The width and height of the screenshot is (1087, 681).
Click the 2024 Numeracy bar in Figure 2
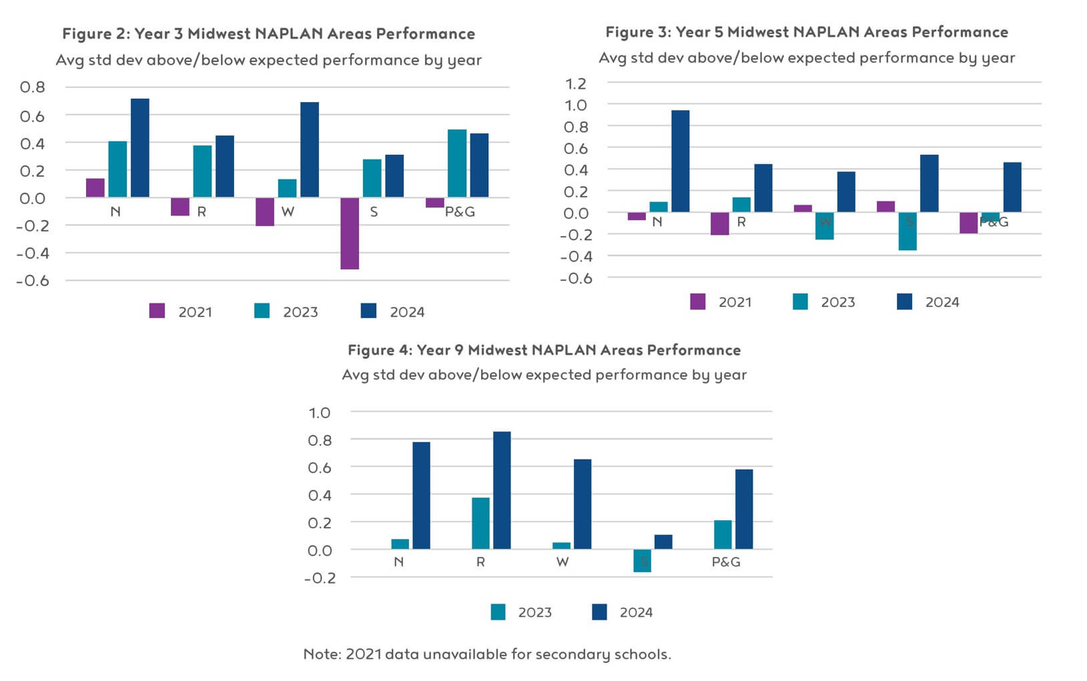click(140, 148)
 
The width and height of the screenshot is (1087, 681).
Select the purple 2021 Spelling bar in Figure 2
click(350, 233)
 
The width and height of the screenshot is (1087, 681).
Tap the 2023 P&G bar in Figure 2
click(457, 163)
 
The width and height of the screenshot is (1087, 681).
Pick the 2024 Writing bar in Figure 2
click(310, 150)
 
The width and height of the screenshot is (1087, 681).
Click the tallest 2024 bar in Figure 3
click(681, 161)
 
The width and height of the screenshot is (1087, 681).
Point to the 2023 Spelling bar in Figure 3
click(908, 231)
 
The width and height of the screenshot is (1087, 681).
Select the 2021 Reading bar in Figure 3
click(720, 224)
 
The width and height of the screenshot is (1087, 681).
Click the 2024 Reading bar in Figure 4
click(502, 491)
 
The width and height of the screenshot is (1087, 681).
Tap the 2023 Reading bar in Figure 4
click(480, 524)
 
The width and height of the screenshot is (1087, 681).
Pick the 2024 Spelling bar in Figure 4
click(663, 542)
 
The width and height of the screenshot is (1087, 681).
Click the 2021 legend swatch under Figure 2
click(157, 311)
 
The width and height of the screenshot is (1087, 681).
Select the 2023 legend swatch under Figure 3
click(800, 301)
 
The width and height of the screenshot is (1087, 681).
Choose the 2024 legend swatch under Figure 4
click(599, 612)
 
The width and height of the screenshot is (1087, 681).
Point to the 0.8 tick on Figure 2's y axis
click(33, 87)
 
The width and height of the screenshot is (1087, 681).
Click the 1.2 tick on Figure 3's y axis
click(576, 83)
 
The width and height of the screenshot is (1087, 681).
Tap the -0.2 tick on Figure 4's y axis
click(320, 578)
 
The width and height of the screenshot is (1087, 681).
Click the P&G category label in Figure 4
click(726, 562)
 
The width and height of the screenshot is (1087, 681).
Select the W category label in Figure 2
click(288, 212)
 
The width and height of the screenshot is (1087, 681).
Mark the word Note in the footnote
click(322, 654)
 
